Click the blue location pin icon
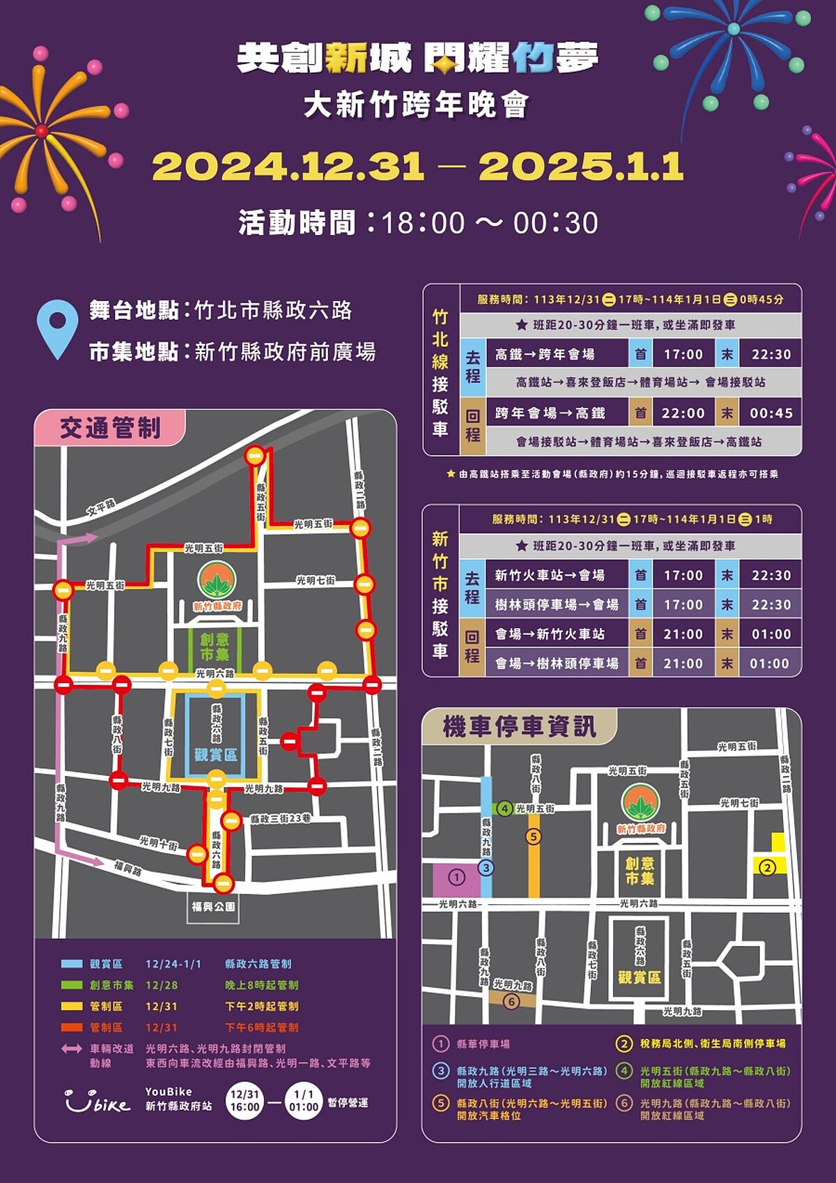pyautogui.click(x=57, y=328)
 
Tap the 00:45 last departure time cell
pyautogui.click(x=771, y=413)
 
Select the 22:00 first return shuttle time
pyautogui.click(x=683, y=413)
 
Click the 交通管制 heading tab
pyautogui.click(x=110, y=427)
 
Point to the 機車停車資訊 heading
pyautogui.click(x=519, y=726)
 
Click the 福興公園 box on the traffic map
pyautogui.click(x=213, y=907)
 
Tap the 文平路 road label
pyautogui.click(x=101, y=507)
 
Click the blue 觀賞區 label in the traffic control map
pyautogui.click(x=215, y=755)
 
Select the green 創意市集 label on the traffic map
pyautogui.click(x=215, y=647)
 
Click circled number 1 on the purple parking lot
pyautogui.click(x=456, y=878)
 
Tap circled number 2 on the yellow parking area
pyautogui.click(x=767, y=868)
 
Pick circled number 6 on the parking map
pyautogui.click(x=511, y=1002)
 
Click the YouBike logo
pyautogui.click(x=97, y=1101)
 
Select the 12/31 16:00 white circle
pyautogui.click(x=245, y=1101)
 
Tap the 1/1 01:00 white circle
pyautogui.click(x=304, y=1101)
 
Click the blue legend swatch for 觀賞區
pyautogui.click(x=72, y=964)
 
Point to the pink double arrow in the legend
pyautogui.click(x=72, y=1049)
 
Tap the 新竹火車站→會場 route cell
pyautogui.click(x=550, y=575)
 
